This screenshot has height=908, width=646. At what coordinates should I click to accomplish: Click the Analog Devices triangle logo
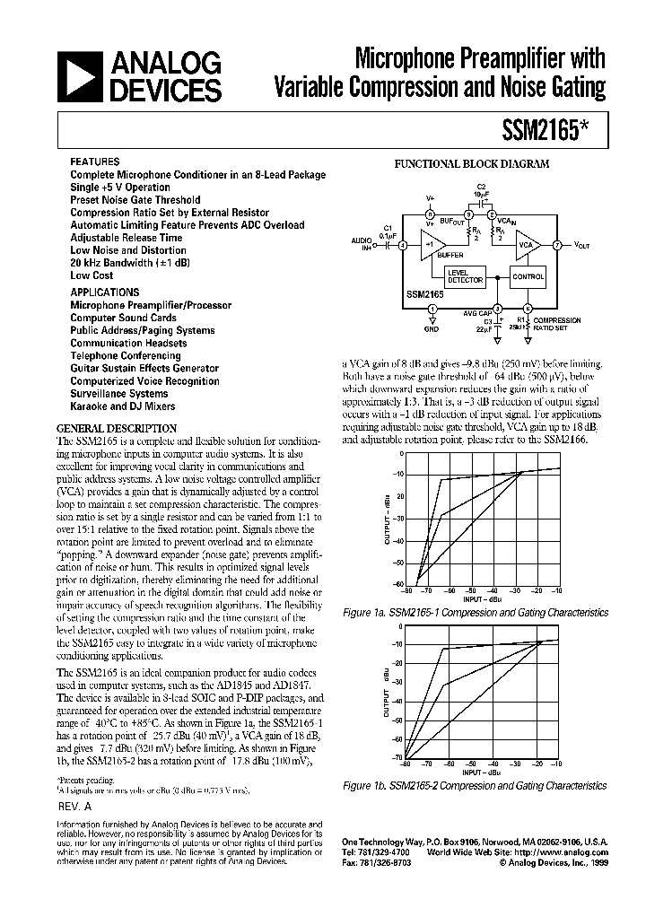79,75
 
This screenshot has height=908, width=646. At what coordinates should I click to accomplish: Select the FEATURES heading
94,162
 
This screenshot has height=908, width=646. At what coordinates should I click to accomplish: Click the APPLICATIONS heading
105,292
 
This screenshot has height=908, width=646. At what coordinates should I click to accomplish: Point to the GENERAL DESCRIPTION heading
117,429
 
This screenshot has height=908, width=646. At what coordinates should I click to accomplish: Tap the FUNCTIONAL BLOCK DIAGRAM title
473,164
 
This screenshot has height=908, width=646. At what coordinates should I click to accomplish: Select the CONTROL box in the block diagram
528,277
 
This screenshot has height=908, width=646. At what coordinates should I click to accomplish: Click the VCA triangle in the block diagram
528,244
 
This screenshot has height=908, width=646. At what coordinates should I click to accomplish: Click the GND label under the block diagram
432,329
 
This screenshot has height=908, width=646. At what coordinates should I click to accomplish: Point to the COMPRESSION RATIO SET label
557,323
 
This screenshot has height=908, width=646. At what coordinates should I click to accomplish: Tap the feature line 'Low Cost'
91,275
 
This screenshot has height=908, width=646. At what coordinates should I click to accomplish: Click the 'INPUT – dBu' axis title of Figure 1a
483,598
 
